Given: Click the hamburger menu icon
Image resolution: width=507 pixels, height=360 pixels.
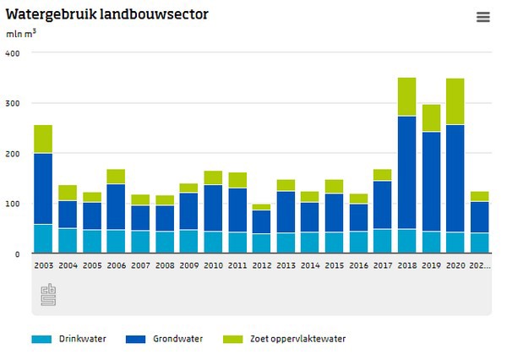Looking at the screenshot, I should pyautogui.click(x=482, y=17).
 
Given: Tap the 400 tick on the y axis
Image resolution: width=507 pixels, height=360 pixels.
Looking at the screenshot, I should pyautogui.click(x=13, y=53).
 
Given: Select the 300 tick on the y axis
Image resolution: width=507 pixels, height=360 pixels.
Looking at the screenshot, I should pyautogui.click(x=13, y=103).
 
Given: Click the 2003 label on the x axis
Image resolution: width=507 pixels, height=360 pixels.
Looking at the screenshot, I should pyautogui.click(x=43, y=265).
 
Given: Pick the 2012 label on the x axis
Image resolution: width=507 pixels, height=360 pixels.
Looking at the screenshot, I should pyautogui.click(x=262, y=265).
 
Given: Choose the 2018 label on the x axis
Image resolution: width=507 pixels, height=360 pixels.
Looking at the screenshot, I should pyautogui.click(x=407, y=265).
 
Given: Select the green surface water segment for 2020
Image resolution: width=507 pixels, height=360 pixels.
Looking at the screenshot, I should pyautogui.click(x=455, y=101).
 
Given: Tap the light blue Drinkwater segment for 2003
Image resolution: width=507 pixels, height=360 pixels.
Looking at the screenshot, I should pyautogui.click(x=43, y=238).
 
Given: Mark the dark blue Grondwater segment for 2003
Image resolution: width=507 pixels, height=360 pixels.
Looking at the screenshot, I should pyautogui.click(x=43, y=188).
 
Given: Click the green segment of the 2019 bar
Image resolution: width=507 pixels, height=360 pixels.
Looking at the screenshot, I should pyautogui.click(x=431, y=117).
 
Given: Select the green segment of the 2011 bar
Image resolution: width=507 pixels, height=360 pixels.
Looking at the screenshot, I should pyautogui.click(x=237, y=179).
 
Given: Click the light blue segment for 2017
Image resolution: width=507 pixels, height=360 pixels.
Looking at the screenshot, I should pyautogui.click(x=383, y=241).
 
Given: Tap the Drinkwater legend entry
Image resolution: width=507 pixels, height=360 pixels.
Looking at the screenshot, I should pyautogui.click(x=71, y=339).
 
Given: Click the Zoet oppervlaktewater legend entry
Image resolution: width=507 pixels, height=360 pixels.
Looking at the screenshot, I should pyautogui.click(x=286, y=339).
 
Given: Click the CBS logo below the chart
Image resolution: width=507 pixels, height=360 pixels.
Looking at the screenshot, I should pyautogui.click(x=48, y=295).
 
